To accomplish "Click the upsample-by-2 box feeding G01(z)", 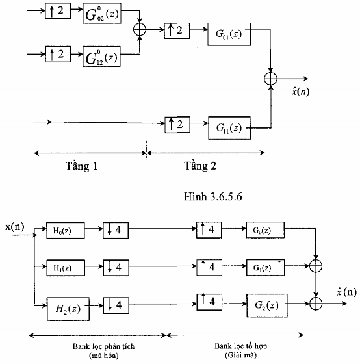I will [x=176, y=30].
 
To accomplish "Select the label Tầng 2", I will [x=199, y=166].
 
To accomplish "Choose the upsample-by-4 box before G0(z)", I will [x=209, y=230].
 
